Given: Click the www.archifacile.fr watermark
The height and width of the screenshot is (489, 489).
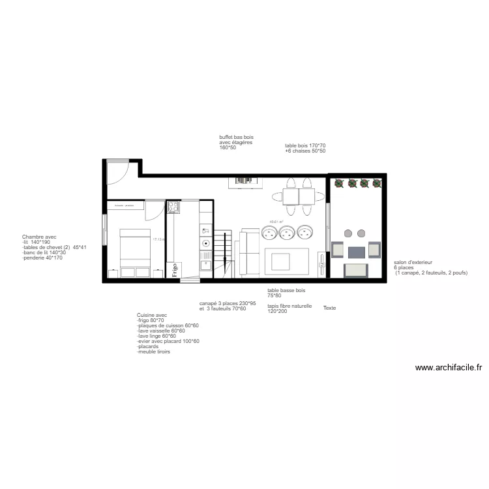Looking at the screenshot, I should (x=449, y=368).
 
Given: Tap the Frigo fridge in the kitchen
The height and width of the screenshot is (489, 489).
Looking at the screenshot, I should (x=175, y=270).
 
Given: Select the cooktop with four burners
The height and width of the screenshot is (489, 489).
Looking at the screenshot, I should (x=173, y=207).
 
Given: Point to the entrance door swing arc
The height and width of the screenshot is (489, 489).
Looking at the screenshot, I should (x=119, y=171).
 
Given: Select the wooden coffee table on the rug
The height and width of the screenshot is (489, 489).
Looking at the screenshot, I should (x=281, y=261).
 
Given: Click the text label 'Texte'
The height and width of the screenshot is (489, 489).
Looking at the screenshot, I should (x=329, y=308).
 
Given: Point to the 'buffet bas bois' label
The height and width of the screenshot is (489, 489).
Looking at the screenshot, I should (x=236, y=138).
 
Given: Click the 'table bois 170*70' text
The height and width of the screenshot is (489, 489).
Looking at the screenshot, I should (x=305, y=145).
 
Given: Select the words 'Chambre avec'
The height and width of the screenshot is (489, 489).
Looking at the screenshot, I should (x=39, y=237).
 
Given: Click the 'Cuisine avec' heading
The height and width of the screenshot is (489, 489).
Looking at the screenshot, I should (x=152, y=315).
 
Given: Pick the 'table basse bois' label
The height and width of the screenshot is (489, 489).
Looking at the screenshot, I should (x=286, y=290).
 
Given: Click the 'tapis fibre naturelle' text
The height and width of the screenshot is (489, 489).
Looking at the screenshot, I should (x=289, y=306).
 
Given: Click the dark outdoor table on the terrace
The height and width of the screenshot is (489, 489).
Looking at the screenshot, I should (x=356, y=252).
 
